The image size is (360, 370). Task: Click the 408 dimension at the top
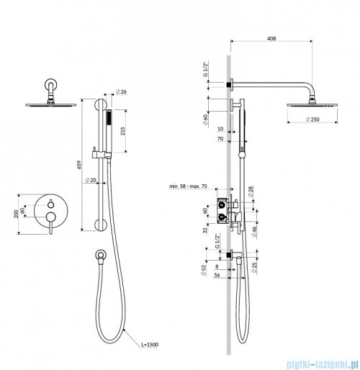pyautogui.click(x=271, y=38)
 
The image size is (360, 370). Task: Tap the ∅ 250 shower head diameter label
pyautogui.click(x=312, y=119)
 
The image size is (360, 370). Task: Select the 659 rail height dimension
pyautogui.click(x=80, y=165)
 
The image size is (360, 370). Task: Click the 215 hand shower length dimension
pyautogui.click(x=122, y=131)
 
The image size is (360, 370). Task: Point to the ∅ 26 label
pyautogui.click(x=121, y=91)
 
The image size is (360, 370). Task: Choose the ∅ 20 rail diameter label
pyautogui.click(x=91, y=180)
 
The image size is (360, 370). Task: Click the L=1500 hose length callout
pyautogui.click(x=150, y=345)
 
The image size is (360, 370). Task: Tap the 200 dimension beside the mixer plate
pyautogui.click(x=16, y=214)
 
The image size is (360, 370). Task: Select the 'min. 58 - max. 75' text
pyautogui.click(x=188, y=186)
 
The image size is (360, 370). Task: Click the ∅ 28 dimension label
pyautogui.click(x=251, y=191)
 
